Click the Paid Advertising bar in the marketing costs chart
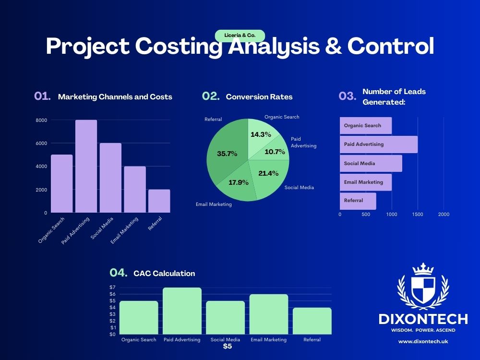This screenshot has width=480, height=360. click(86, 166)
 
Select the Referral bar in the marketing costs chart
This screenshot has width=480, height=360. click(159, 201)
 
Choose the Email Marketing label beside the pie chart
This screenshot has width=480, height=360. click(214, 204)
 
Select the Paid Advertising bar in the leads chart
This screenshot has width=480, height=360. click(378, 144)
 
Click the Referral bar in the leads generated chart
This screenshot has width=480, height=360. click(358, 201)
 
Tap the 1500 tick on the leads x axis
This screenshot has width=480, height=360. click(418, 215)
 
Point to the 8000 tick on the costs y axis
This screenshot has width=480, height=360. click(41, 120)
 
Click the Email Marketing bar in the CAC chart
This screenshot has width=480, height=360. click(268, 314)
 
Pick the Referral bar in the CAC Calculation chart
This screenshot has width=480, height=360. click(312, 321)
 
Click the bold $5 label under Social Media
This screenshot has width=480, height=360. click(228, 346)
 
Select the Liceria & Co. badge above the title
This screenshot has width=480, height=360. click(240, 36)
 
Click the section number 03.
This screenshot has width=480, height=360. click(347, 96)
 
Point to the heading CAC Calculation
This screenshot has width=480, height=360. click(164, 274)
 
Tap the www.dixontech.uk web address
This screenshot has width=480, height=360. click(423, 342)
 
